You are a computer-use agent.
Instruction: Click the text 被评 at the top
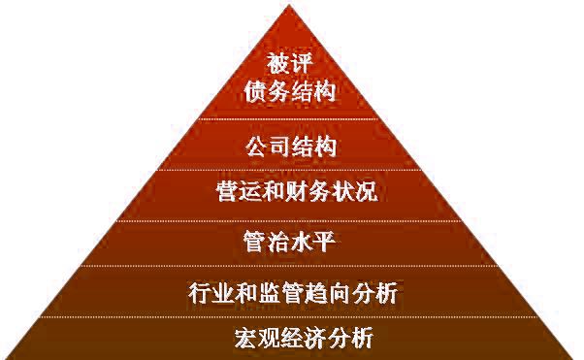(x=290, y=64)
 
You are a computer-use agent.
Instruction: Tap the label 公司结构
(x=291, y=148)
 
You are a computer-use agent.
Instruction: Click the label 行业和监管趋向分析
(x=292, y=291)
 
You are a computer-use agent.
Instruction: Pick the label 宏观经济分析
(x=291, y=339)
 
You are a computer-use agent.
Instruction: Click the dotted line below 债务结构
(x=290, y=118)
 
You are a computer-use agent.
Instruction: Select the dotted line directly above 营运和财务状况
(x=290, y=169)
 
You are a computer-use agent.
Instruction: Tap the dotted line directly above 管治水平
(x=290, y=219)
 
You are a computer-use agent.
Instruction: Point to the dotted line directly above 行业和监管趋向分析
(x=290, y=266)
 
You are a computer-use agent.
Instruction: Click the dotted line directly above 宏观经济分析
(x=290, y=316)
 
